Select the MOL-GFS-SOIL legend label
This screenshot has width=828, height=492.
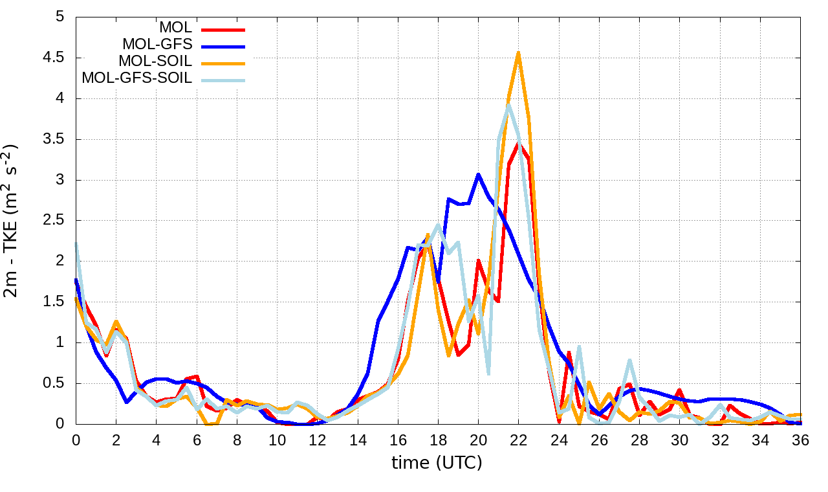click(x=137, y=78)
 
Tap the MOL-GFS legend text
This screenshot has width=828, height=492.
click(x=157, y=45)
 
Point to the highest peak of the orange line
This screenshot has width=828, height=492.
click(x=518, y=53)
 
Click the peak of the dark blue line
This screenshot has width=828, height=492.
click(x=478, y=174)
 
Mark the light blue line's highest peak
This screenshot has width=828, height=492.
click(x=508, y=104)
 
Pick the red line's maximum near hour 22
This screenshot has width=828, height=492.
click(x=518, y=143)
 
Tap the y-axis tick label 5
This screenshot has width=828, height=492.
click(x=60, y=17)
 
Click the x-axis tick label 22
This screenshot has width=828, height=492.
click(x=518, y=440)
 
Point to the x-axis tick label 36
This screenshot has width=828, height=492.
click(x=800, y=440)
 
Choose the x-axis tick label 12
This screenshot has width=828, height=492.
click(x=317, y=440)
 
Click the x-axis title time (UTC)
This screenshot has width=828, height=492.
click(x=437, y=463)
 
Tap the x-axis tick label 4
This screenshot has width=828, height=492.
click(x=156, y=440)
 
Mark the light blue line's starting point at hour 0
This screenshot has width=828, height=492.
click(x=76, y=244)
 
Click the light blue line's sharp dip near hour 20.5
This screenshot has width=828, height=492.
click(x=488, y=374)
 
